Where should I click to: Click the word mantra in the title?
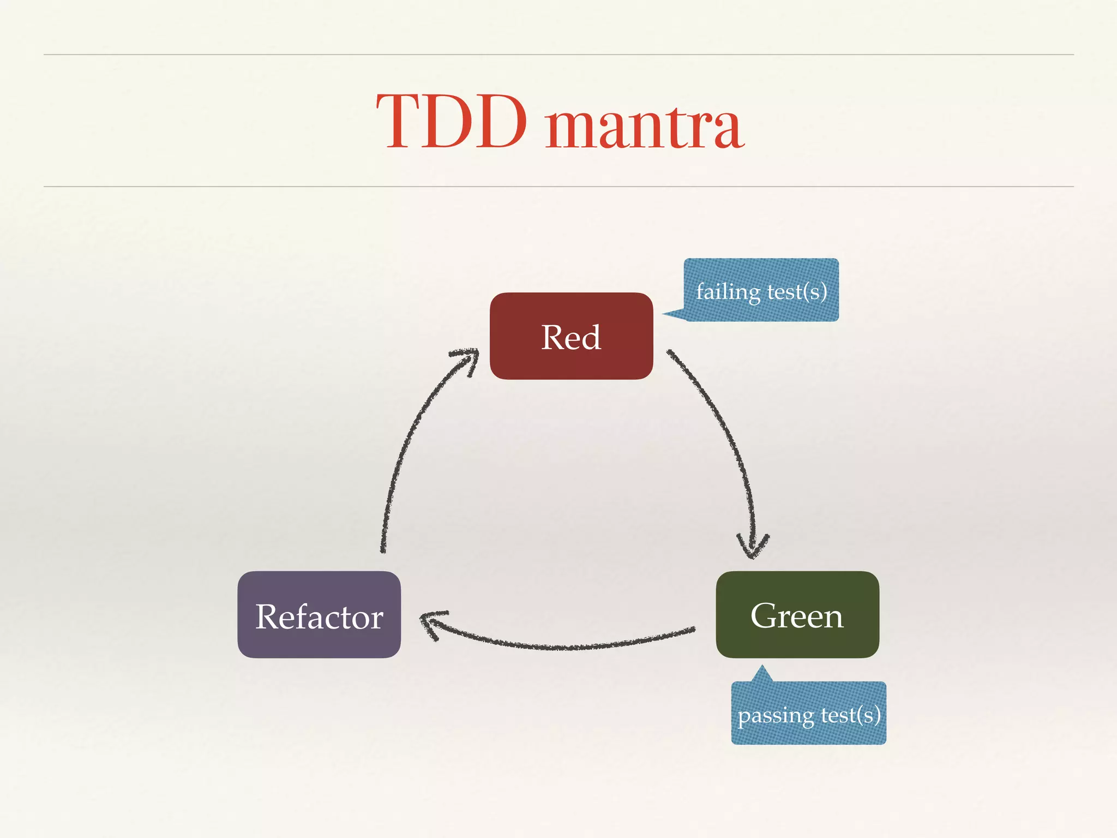(645, 127)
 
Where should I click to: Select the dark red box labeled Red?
(571, 336)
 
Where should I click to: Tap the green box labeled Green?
(797, 615)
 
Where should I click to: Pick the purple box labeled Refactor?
(319, 615)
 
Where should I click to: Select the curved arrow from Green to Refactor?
(562, 647)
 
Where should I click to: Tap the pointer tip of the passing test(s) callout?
(762, 670)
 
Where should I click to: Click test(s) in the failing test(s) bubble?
(797, 291)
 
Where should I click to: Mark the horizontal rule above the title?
(558, 55)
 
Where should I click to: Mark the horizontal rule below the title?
(558, 187)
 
